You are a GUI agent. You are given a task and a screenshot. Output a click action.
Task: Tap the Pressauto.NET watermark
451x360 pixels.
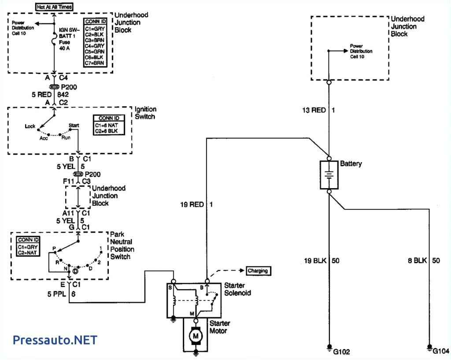click(x=55, y=340)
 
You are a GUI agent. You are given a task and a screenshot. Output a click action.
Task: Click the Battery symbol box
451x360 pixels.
click(x=329, y=175)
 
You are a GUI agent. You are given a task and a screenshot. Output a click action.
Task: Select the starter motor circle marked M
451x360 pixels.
click(x=195, y=336)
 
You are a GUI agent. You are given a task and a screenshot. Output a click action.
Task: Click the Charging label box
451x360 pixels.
click(x=258, y=271)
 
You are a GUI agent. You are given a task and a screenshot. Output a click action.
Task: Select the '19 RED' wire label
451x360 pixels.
click(x=192, y=204)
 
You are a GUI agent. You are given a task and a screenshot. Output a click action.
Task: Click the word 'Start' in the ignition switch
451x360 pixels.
click(x=74, y=126)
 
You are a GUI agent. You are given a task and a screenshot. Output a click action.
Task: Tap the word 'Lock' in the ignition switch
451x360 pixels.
click(x=30, y=126)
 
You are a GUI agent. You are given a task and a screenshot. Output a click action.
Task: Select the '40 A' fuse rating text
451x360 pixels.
click(x=66, y=48)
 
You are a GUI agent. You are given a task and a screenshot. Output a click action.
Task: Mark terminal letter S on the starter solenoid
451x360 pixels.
click(x=170, y=287)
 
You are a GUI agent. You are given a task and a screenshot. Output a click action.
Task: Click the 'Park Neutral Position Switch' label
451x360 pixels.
click(x=122, y=245)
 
